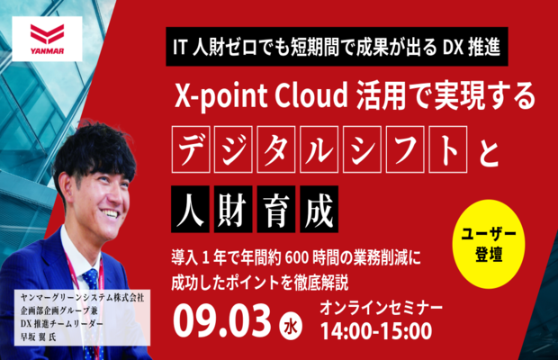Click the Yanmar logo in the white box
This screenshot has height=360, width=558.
pyautogui.click(x=48, y=39)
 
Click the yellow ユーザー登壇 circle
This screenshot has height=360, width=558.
pyautogui.click(x=489, y=244)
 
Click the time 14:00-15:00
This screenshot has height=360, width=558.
pyautogui.click(x=376, y=331)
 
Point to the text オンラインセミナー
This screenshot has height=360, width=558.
pyautogui.click(x=381, y=308)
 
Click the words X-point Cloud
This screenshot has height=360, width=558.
pyautogui.click(x=261, y=95)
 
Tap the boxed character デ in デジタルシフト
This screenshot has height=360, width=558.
pyautogui.click(x=191, y=149)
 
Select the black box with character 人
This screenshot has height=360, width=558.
pyautogui.click(x=190, y=209)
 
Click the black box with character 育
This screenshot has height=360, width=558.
pyautogui.click(x=276, y=209)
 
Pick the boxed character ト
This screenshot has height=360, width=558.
pyautogui.click(x=448, y=149)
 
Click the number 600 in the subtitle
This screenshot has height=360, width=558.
pyautogui.click(x=297, y=257)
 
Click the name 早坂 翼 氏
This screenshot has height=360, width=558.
pyautogui.click(x=39, y=337)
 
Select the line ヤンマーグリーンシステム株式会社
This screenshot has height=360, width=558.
pyautogui.click(x=82, y=297)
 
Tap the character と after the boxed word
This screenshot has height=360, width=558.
pyautogui.click(x=489, y=151)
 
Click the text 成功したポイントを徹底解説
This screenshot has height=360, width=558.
pyautogui.click(x=260, y=283)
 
